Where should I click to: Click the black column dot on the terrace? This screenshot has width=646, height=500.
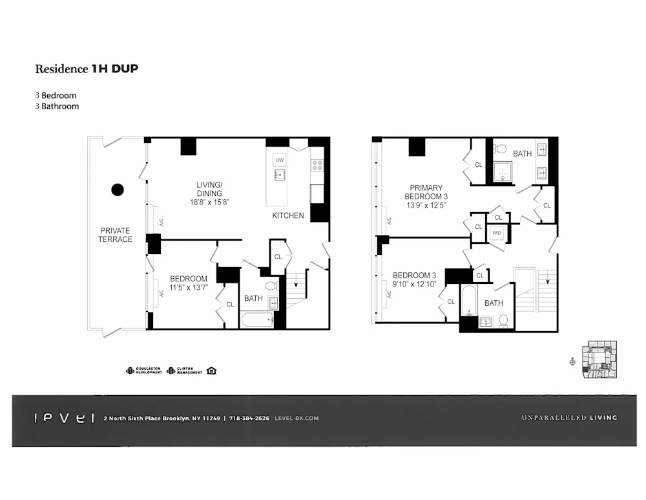[118, 190]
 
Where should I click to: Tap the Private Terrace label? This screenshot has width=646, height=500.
[115, 235]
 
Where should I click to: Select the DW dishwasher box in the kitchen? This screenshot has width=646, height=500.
[280, 160]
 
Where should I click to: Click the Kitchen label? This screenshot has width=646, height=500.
[287, 215]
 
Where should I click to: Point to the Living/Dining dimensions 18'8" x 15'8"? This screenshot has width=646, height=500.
[209, 202]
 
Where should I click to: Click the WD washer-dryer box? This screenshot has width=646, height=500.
[497, 233]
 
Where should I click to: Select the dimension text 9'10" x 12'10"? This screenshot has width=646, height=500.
[415, 284]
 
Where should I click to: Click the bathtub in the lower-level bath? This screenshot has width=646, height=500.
[256, 320]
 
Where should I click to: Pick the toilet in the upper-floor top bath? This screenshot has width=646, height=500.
[500, 149]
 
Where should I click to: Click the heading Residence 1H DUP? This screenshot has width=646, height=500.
[86, 69]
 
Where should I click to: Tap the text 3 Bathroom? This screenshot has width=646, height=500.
[57, 106]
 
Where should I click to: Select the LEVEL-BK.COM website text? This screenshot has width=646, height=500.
[297, 418]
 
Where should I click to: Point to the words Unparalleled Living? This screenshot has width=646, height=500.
[569, 418]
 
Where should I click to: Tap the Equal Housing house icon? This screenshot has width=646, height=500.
[211, 371]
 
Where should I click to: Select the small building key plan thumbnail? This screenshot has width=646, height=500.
[599, 359]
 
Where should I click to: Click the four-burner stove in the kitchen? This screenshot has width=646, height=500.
[317, 164]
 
